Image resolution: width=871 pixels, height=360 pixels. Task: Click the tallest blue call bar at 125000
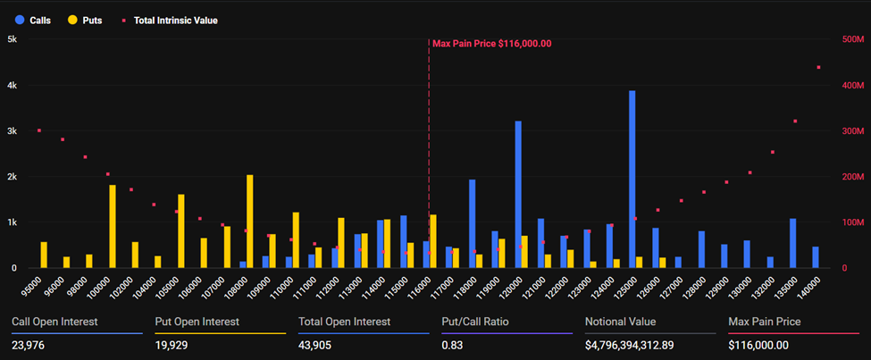tap(632, 179)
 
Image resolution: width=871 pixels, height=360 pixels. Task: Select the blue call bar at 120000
tap(518, 194)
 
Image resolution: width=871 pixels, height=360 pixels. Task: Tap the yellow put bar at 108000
tap(250, 221)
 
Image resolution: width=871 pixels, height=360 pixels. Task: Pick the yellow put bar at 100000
tap(113, 226)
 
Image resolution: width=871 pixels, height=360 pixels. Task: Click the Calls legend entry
tap(38, 20)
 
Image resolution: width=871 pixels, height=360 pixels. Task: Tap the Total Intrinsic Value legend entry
tap(170, 20)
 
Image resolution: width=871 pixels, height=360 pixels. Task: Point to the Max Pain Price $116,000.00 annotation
tap(491, 43)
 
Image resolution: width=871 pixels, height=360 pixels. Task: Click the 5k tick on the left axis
tap(13, 39)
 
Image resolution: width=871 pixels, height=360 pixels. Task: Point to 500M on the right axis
tap(852, 39)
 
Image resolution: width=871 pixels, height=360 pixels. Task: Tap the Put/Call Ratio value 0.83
tap(452, 345)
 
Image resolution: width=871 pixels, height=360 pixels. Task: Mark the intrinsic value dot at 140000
tap(818, 67)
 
